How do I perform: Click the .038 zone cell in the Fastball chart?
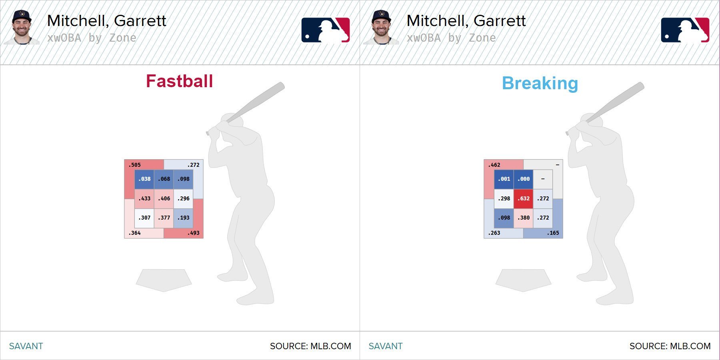(144, 179)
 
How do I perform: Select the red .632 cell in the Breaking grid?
(523, 199)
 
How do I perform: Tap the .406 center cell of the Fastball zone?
(164, 199)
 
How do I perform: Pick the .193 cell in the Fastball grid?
(183, 218)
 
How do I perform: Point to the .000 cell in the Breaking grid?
(523, 179)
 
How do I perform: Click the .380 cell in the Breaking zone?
(523, 218)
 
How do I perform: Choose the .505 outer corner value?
(135, 165)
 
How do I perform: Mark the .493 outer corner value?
(193, 233)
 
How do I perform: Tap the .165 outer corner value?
(553, 233)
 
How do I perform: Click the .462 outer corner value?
(494, 165)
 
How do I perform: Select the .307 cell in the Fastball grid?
(144, 218)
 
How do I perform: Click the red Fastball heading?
(180, 81)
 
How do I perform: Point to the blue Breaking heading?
(540, 84)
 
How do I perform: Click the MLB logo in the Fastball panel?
(326, 30)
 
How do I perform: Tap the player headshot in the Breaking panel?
(381, 27)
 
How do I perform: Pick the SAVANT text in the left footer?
(26, 346)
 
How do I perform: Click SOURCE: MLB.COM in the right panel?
(670, 346)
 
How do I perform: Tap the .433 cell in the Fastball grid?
(144, 199)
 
